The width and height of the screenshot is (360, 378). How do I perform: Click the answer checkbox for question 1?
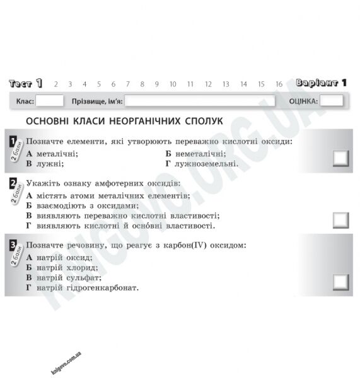340,158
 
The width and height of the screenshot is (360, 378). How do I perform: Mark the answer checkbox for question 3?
340,282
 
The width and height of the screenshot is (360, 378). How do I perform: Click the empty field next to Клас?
50,101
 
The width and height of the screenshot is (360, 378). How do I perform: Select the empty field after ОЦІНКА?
331,101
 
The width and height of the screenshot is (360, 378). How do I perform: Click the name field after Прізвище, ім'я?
200,101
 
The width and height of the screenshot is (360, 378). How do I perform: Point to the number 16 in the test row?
279,84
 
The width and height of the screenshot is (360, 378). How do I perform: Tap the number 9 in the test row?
156,84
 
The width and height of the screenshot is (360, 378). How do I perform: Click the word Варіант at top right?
316,83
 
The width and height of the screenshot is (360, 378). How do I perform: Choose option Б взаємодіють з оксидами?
81,205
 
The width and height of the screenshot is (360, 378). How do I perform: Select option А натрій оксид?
59,257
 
